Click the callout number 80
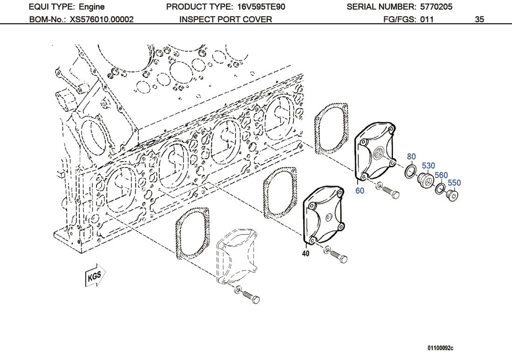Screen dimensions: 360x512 pos(411,157)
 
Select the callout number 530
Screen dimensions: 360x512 pos(428,166)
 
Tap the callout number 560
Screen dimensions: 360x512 pos(441,175)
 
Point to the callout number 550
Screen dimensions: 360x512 pos(454,183)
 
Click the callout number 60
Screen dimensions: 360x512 pos(360,191)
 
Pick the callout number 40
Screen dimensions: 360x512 pos(306,254)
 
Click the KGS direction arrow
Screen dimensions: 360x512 pos(95,277)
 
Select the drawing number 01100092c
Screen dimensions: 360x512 pos(440,348)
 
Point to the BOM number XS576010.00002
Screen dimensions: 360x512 pos(102,19)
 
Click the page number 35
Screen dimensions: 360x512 pos(479,19)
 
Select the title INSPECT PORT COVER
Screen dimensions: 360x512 pos(225,19)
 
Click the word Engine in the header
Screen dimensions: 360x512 pos(91,7)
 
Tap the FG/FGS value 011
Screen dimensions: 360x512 pos(426,19)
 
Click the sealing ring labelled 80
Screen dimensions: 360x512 pos(409,171)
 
